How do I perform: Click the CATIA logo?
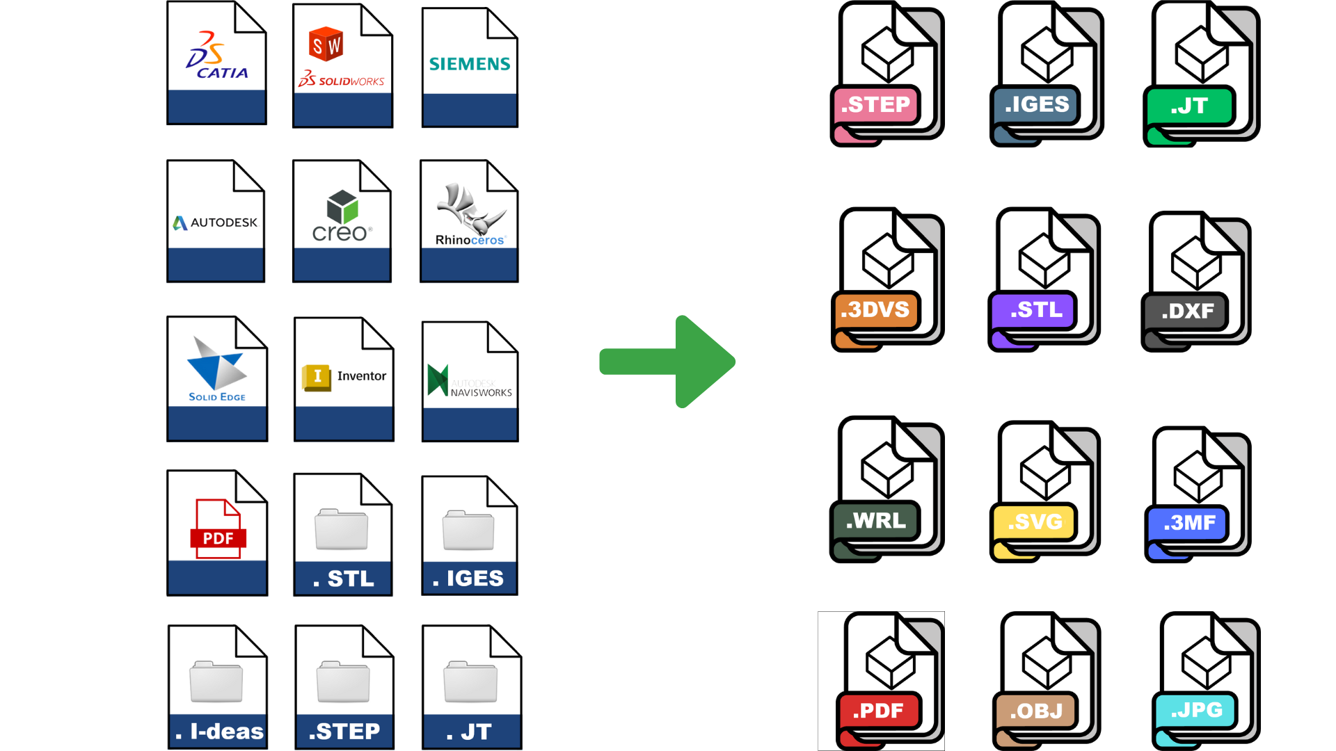(x=216, y=56)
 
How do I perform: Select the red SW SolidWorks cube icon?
(x=326, y=45)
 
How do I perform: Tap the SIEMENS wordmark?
(x=470, y=64)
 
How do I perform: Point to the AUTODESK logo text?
(x=216, y=223)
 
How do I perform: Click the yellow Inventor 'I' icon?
(x=317, y=377)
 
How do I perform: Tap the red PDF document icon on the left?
(x=218, y=528)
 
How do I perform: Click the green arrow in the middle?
(x=668, y=362)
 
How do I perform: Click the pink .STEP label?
(x=876, y=105)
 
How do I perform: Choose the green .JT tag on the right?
(x=1189, y=106)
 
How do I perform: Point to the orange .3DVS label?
(x=875, y=310)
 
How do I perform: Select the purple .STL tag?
(x=1035, y=310)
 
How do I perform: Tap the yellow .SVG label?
(x=1035, y=522)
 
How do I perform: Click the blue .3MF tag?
(x=1189, y=523)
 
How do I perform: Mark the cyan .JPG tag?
(x=1195, y=710)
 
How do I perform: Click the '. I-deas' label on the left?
(x=218, y=732)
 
